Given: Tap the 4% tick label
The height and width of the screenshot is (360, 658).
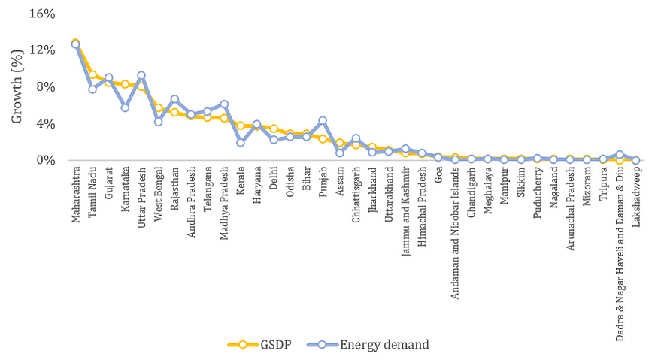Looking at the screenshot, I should pos(47,123).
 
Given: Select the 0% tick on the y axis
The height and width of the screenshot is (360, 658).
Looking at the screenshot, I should pos(47,160).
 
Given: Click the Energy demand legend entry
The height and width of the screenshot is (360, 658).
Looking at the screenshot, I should pos(368,345).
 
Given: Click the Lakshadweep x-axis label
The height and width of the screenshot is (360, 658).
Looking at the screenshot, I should pos(636,192).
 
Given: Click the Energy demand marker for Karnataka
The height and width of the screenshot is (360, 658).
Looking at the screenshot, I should pos(125,107).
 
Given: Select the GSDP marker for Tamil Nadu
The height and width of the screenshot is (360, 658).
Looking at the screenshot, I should pos(92,74).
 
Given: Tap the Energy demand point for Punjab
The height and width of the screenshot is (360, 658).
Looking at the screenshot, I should pos(323,120).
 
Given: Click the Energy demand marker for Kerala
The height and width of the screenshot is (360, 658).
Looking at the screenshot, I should pos(241,142).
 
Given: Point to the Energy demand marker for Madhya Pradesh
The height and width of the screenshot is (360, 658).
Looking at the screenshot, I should pos(224,104).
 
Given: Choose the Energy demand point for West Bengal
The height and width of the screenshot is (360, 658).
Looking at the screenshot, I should pos(158,122).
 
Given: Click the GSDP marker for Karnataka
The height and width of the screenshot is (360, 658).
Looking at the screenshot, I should pos(125,84).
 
